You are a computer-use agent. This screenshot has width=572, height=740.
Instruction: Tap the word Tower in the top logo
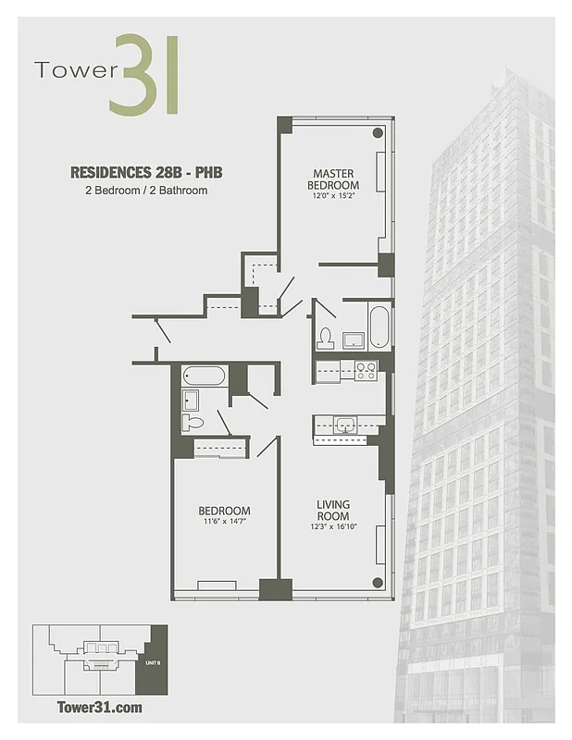(x=70, y=70)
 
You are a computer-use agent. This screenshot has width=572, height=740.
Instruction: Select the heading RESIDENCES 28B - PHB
(x=146, y=172)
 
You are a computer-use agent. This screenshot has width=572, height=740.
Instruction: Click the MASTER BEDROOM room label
(x=333, y=179)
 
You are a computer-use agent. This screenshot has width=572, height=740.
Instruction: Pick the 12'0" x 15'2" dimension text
(x=333, y=196)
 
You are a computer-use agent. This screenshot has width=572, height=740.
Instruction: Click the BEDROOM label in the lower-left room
(x=224, y=511)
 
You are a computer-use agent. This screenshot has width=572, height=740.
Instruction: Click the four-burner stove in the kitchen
(x=366, y=371)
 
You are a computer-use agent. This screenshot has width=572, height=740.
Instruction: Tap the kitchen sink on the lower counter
(x=347, y=425)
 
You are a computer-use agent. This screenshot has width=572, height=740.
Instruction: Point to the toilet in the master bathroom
(x=325, y=339)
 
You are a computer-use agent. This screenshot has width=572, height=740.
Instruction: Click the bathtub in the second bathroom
(x=205, y=376)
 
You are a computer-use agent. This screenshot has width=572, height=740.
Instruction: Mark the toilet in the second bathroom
(x=193, y=423)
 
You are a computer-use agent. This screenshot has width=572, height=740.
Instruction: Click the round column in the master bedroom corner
(x=378, y=133)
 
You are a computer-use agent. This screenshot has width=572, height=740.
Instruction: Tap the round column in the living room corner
(x=378, y=582)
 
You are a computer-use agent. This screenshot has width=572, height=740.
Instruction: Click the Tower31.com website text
(x=100, y=708)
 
